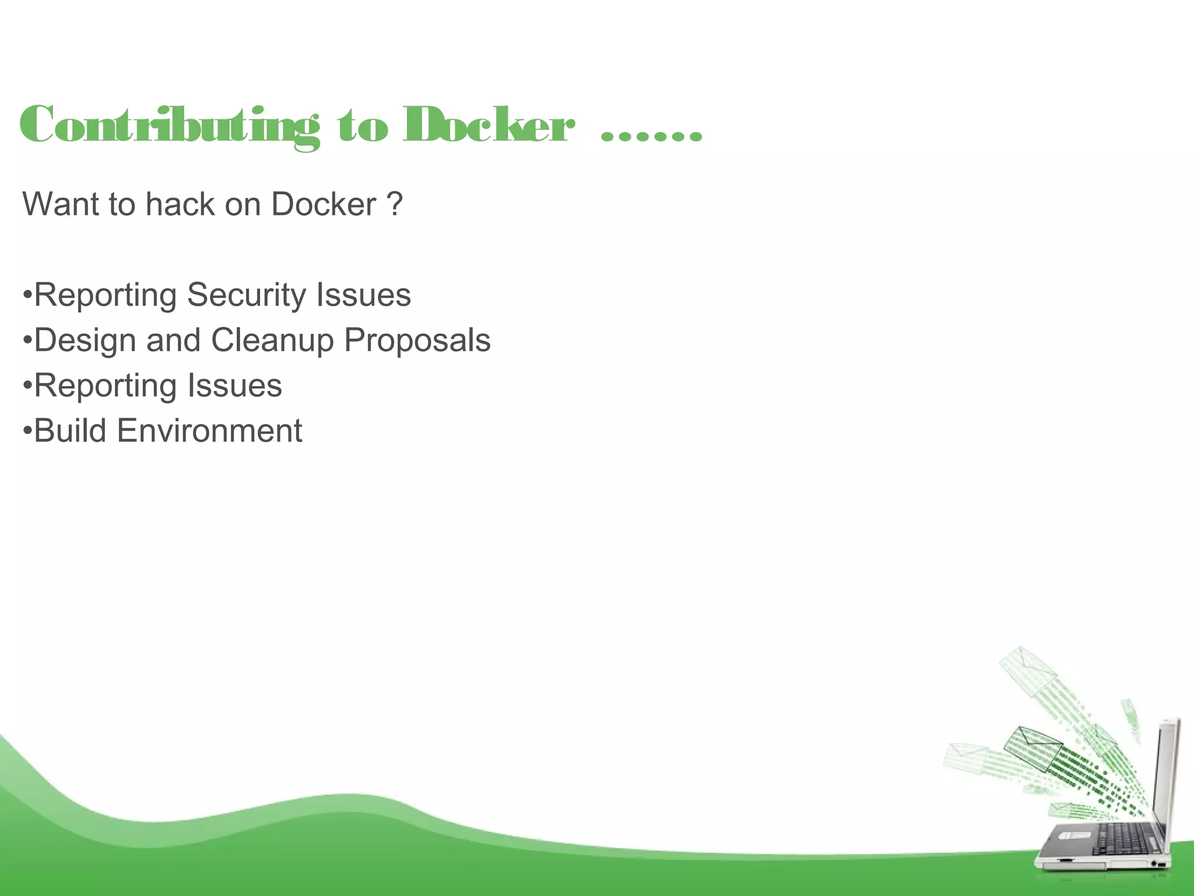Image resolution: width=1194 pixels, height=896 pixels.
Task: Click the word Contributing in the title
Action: tap(169, 125)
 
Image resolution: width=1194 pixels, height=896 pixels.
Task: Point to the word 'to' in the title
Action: tap(363, 126)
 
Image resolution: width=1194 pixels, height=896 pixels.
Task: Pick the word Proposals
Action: tap(417, 341)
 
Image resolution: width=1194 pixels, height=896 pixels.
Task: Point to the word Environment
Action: tap(209, 431)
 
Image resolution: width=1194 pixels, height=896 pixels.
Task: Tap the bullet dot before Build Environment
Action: tap(27, 431)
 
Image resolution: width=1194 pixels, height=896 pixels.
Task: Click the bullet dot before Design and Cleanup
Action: tap(27, 340)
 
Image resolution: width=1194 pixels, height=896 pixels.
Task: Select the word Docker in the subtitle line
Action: tap(324, 205)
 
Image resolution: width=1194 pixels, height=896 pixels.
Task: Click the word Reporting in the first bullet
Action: tap(105, 295)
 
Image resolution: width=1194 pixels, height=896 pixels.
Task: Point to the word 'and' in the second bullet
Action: tap(173, 340)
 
